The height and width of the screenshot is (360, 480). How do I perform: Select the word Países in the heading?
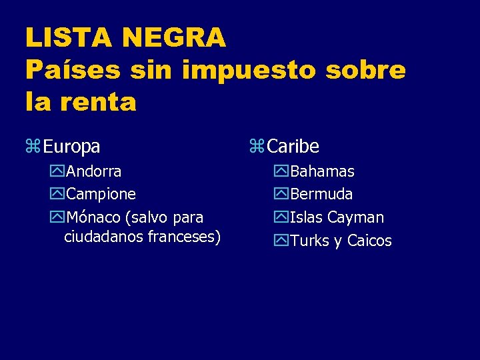(x=73, y=70)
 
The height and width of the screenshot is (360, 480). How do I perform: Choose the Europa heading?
(x=72, y=146)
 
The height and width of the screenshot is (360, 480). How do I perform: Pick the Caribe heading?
(x=293, y=146)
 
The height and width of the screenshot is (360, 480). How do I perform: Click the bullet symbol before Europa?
(x=33, y=146)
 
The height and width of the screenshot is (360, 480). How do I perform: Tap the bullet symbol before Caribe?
(x=257, y=146)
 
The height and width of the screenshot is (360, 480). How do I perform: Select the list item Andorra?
(x=94, y=171)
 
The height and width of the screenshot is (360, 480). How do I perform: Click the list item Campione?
(x=101, y=194)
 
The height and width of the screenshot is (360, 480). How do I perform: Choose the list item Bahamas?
(x=323, y=171)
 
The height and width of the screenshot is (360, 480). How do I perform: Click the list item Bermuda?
(x=321, y=194)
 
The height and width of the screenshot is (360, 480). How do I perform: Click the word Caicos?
(x=369, y=241)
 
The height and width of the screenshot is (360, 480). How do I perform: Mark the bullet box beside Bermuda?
(x=281, y=195)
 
